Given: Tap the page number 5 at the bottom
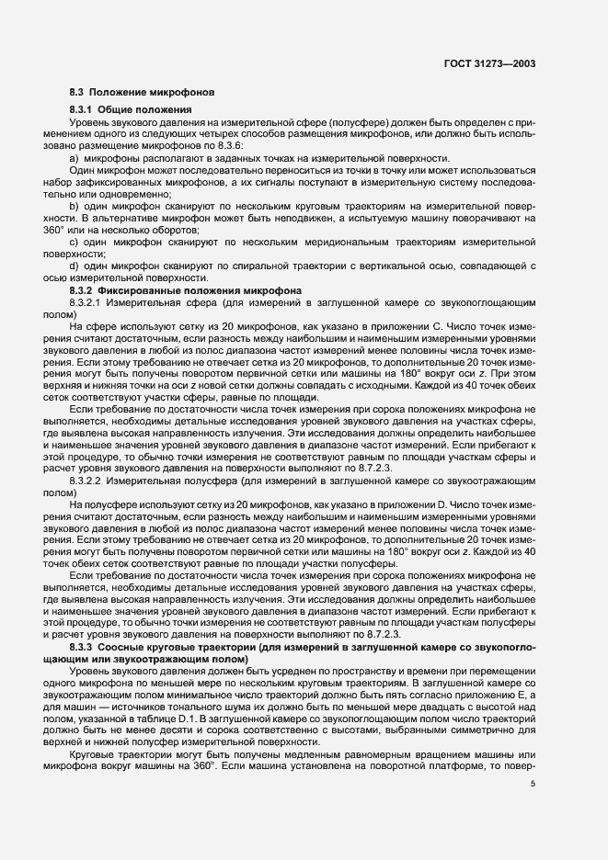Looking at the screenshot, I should tap(533, 783).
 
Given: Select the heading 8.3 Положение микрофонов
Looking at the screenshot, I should tap(142, 93).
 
